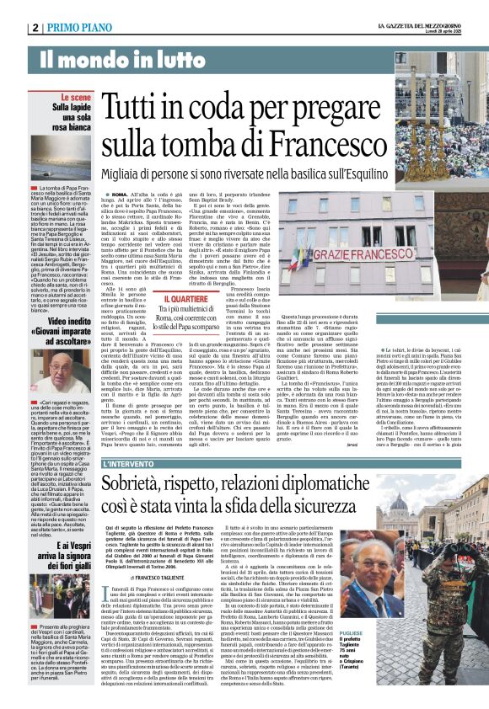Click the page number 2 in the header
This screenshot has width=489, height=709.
point(36,28)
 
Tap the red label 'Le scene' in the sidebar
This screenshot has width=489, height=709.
point(80,99)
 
